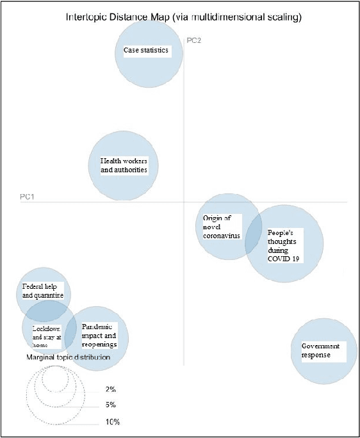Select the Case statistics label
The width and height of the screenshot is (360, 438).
(145, 50)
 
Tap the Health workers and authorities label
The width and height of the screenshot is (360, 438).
(124, 165)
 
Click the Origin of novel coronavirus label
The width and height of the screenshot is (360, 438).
(222, 227)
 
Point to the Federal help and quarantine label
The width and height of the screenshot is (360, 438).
(43, 291)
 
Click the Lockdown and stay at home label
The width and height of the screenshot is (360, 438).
(46, 335)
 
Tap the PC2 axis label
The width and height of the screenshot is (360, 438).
(195, 40)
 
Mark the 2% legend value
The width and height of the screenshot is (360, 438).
(110, 389)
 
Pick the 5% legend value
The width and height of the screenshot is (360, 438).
(110, 405)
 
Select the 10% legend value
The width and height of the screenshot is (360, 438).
(112, 422)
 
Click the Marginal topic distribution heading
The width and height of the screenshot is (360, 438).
(68, 357)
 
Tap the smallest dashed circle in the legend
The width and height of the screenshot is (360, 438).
(56, 380)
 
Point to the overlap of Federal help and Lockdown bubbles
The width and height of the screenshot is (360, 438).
(46, 311)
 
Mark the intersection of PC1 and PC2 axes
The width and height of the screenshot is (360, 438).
(184, 202)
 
